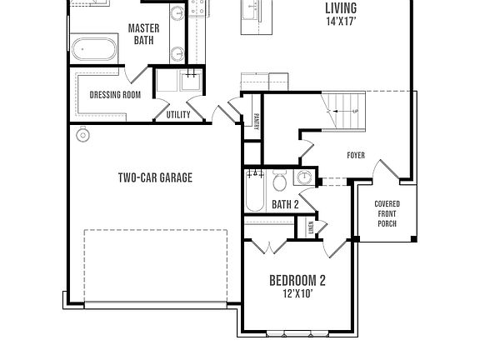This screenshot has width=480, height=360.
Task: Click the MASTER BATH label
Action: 143,33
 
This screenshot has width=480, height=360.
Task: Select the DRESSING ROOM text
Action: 115,94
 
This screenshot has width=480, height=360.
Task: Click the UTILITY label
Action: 178,115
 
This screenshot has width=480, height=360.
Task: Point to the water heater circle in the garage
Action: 82,135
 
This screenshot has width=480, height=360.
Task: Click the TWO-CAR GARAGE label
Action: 154,177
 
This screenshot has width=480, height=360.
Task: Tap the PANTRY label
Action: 255,122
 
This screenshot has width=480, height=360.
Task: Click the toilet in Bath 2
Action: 281,181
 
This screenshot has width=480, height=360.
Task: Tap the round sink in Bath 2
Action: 305,177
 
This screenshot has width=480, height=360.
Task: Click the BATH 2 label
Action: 285,204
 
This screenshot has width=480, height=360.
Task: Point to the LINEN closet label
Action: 310,227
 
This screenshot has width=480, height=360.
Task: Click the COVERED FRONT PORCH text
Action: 387,213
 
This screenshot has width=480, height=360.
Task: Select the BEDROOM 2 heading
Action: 297,280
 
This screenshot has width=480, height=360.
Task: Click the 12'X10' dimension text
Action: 297,294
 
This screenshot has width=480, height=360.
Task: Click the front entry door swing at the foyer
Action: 382,172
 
